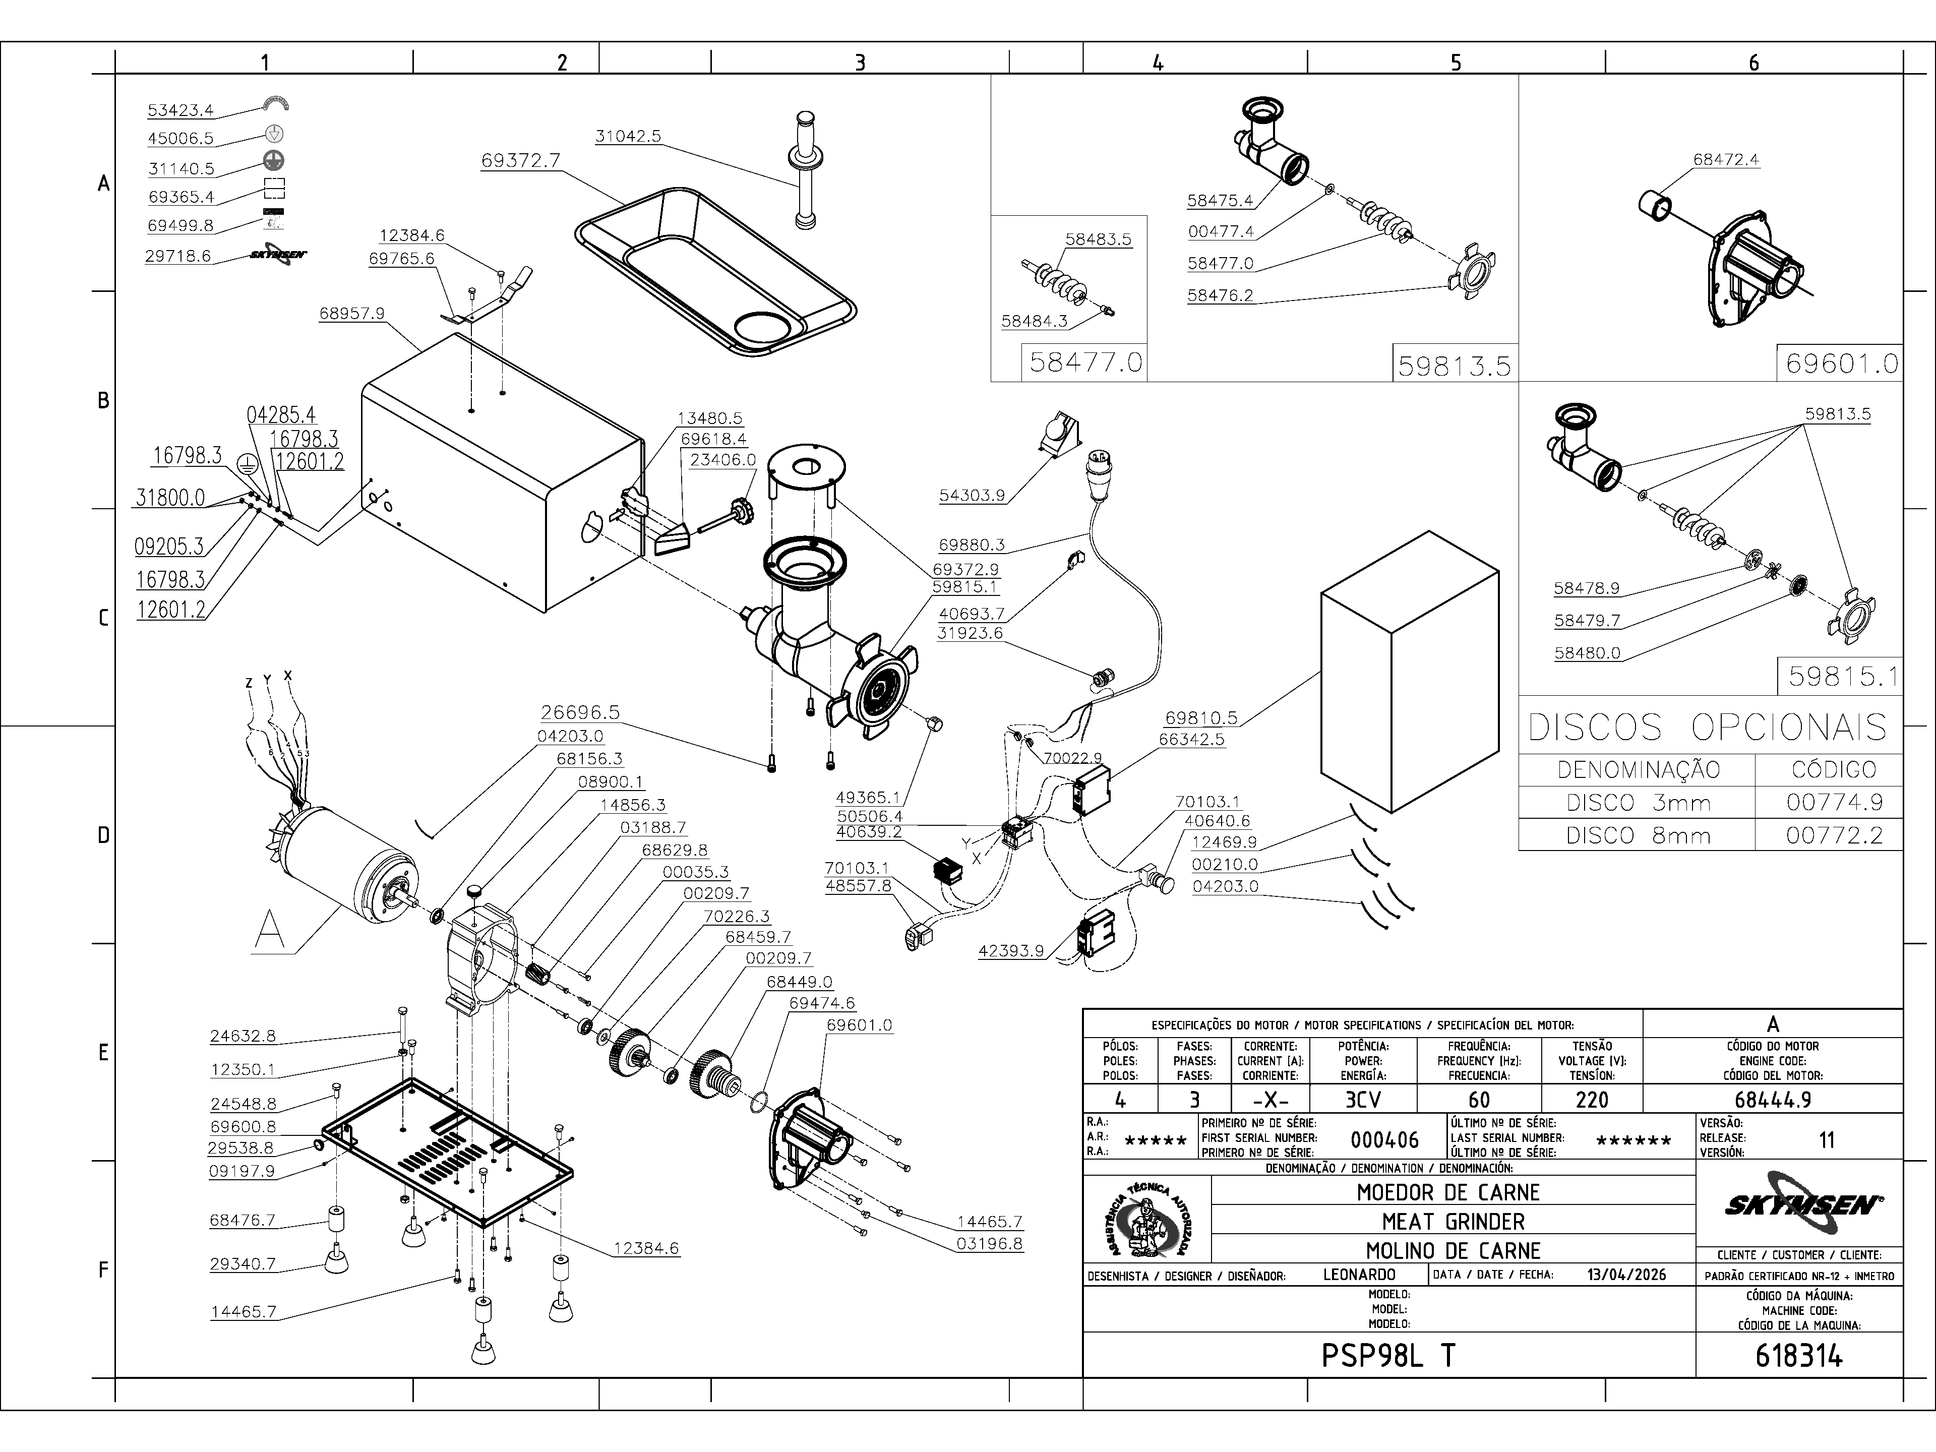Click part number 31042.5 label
(628, 137)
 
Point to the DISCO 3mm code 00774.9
(1834, 803)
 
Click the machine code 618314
(1798, 1356)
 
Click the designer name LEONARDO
(1359, 1275)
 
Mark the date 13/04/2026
(1626, 1275)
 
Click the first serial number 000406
(1384, 1139)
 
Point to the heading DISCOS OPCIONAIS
(1708, 728)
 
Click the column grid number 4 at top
(1158, 62)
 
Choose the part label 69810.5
(1201, 718)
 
